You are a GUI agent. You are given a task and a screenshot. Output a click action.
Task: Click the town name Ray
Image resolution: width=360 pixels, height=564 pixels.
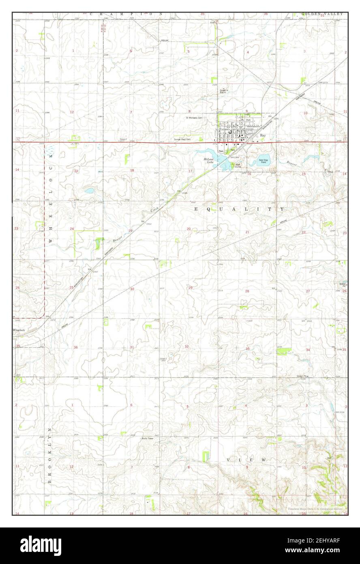[263, 136]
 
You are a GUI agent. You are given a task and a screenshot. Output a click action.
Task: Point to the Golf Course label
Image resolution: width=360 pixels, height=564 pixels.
[238, 166]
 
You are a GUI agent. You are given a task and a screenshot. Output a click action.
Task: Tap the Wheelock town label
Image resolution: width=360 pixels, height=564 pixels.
[19, 330]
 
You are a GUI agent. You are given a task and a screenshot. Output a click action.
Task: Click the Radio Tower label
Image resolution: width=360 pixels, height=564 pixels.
[147, 439]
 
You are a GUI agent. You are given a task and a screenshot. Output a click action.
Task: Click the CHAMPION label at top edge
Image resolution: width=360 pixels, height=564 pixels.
[126, 14]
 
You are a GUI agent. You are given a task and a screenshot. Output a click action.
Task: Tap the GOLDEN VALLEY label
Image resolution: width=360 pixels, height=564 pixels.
[322, 14]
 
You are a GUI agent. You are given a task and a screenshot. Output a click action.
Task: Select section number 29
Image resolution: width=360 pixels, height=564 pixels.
[190, 288]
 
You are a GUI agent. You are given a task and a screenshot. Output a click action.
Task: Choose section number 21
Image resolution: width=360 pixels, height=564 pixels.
[247, 232]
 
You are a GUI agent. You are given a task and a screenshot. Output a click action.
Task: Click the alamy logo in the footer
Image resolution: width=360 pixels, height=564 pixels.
[41, 545]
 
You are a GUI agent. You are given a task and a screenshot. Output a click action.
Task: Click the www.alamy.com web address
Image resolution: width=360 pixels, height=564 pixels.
[324, 551]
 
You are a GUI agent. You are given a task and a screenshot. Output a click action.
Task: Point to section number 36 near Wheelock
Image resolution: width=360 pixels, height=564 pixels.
[75, 347]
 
